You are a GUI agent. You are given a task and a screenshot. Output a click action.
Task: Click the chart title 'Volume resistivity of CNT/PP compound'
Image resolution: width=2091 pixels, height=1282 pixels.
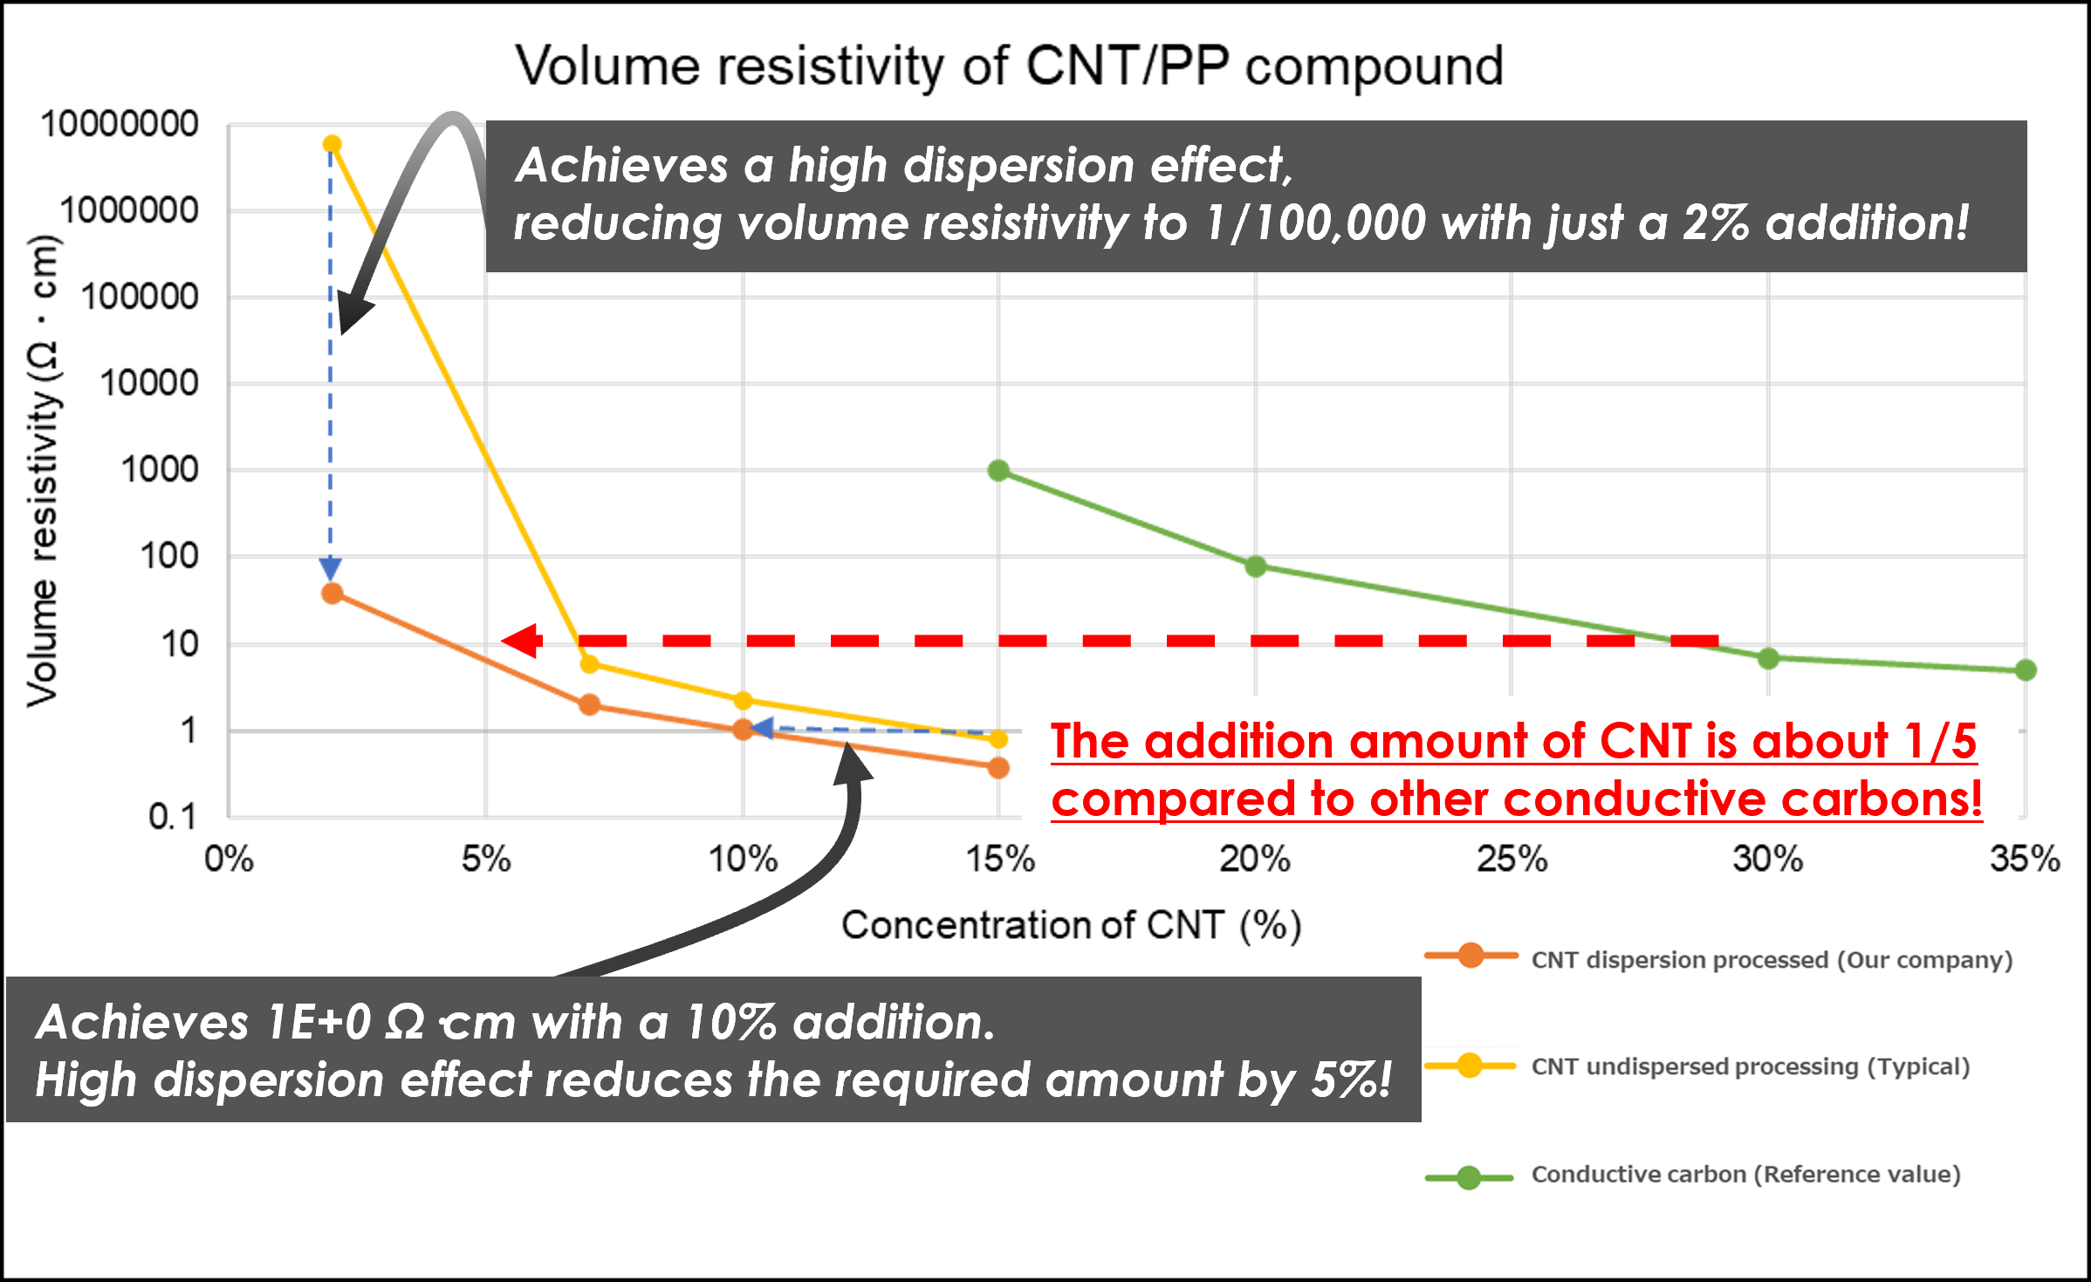click(x=1009, y=66)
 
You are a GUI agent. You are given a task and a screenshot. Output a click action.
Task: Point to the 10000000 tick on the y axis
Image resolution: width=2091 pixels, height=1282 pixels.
click(x=120, y=124)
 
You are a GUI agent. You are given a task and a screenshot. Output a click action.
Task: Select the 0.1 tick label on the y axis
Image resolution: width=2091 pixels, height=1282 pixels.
click(x=173, y=817)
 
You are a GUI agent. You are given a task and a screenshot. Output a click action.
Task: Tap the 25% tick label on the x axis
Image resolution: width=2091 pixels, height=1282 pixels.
click(x=1512, y=859)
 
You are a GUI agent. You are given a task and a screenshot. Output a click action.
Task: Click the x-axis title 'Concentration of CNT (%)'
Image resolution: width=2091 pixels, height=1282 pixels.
click(x=1072, y=925)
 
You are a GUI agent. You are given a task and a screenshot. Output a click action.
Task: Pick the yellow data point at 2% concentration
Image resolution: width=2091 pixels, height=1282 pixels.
click(x=332, y=144)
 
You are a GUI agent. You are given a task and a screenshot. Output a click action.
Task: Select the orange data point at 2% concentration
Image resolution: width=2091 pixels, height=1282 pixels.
click(x=332, y=593)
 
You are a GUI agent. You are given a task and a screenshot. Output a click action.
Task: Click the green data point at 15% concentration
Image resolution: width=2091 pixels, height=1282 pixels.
click(x=998, y=471)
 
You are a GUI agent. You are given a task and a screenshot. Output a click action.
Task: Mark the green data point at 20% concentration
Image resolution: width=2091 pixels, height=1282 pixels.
click(x=1255, y=566)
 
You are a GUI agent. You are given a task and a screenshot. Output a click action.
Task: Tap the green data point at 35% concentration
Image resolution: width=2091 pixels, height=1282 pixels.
click(x=2026, y=670)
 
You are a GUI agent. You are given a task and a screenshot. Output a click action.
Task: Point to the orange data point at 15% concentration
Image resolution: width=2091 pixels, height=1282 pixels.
click(x=998, y=768)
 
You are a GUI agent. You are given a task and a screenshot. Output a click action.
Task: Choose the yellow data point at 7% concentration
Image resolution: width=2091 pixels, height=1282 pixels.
click(x=589, y=664)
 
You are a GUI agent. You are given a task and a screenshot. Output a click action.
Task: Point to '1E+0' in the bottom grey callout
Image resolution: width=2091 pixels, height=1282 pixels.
click(x=319, y=1022)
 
